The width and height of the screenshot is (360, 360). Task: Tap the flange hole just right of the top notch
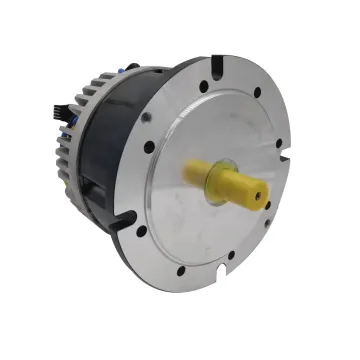click(256, 92)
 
